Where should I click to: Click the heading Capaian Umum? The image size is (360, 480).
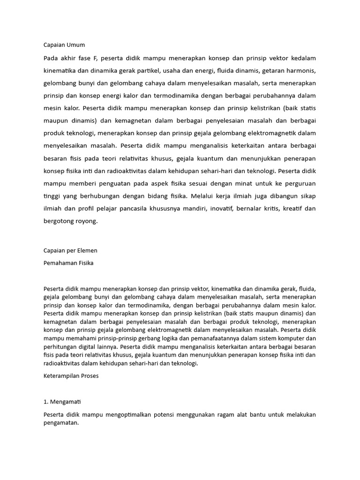pyautogui.click(x=64, y=45)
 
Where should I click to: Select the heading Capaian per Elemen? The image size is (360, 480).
pyautogui.click(x=70, y=250)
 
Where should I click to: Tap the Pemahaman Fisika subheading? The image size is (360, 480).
pyautogui.click(x=68, y=263)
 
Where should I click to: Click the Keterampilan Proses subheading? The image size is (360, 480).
pyautogui.click(x=70, y=376)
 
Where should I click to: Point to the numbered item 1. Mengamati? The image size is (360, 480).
pyautogui.click(x=63, y=402)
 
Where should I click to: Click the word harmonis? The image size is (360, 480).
pyautogui.click(x=301, y=71)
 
